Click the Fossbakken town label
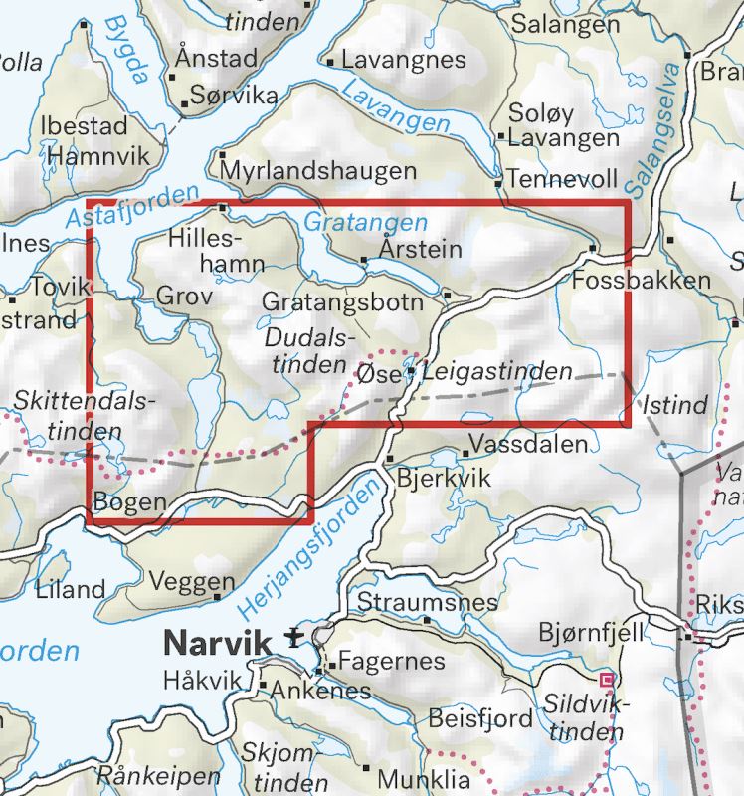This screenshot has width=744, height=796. tap(643, 280)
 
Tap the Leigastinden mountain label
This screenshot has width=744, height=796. tap(497, 373)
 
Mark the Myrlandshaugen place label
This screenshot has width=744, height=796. tap(318, 171)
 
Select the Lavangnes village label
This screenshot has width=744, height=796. tap(403, 60)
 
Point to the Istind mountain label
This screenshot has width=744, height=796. tap(675, 405)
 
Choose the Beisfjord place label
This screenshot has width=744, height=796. tap(480, 718)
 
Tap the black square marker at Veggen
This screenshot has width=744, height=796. tap(218, 597)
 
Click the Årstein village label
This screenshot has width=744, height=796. tap(422, 249)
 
